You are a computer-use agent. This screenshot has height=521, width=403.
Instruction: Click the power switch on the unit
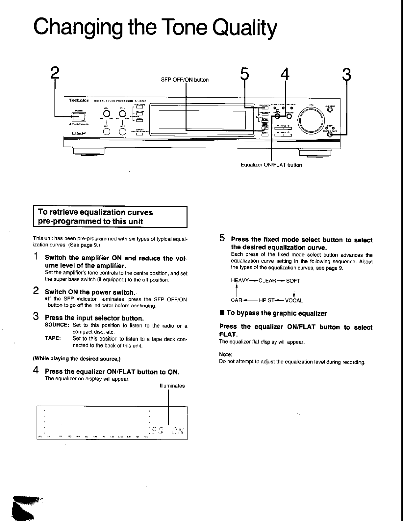pyautogui.click(x=79, y=117)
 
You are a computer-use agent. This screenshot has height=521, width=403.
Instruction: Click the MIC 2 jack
pyautogui.click(x=122, y=131)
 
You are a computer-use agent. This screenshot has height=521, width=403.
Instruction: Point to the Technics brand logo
pyautogui.click(x=79, y=100)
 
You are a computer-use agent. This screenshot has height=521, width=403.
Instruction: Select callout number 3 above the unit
pyautogui.click(x=346, y=74)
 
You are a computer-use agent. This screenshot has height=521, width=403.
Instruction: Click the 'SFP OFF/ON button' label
pyautogui.click(x=185, y=80)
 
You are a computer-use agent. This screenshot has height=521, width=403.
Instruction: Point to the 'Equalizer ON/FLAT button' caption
pyautogui.click(x=271, y=165)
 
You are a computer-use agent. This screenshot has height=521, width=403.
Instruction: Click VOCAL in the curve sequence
pyautogui.click(x=294, y=300)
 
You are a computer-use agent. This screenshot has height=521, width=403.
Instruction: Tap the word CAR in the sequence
pyautogui.click(x=237, y=300)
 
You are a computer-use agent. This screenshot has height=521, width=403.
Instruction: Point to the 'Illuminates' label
pyautogui.click(x=172, y=386)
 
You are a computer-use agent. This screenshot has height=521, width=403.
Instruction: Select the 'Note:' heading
pyautogui.click(x=226, y=354)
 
